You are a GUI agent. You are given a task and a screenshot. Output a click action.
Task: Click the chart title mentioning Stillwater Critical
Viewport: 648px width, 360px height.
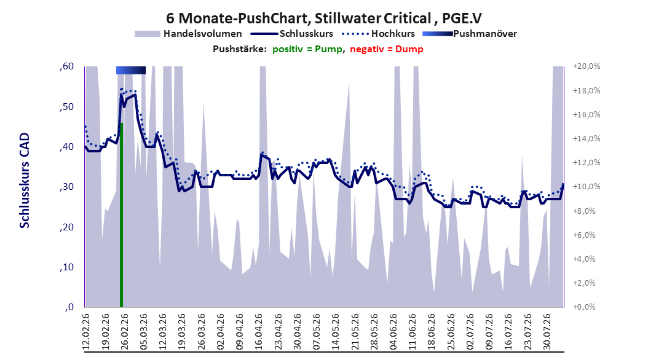pyautogui.click(x=324, y=18)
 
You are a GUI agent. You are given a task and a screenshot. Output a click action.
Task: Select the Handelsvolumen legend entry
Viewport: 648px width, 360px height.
pyautogui.click(x=189, y=34)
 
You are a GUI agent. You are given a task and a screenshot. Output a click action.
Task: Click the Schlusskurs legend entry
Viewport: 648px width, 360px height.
pyautogui.click(x=292, y=34)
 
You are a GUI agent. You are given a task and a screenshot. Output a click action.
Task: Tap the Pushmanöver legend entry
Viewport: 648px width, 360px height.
pyautogui.click(x=470, y=34)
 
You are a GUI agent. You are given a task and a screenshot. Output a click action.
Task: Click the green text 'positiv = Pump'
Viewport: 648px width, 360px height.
pyautogui.click(x=307, y=49)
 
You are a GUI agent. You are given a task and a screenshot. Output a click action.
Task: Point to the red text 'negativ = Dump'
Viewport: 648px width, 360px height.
pyautogui.click(x=387, y=49)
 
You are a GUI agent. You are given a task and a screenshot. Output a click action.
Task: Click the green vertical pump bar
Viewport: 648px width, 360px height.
pyautogui.click(x=122, y=214)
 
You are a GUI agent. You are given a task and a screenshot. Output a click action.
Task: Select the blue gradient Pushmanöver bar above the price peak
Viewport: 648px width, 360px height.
pyautogui.click(x=130, y=71)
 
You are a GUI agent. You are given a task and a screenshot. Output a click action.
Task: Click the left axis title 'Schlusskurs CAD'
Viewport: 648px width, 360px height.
pyautogui.click(x=25, y=181)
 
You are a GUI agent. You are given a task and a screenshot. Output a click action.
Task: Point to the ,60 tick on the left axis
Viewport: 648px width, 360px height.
pyautogui.click(x=66, y=66)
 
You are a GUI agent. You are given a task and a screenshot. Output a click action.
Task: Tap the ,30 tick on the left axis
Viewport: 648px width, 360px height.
pyautogui.click(x=66, y=187)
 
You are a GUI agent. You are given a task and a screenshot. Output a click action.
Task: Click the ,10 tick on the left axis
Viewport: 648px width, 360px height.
pyautogui.click(x=66, y=267)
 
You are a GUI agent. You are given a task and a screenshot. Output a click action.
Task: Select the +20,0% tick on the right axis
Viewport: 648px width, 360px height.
pyautogui.click(x=587, y=66)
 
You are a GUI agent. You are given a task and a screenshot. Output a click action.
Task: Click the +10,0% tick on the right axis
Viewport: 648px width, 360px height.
pyautogui.click(x=587, y=187)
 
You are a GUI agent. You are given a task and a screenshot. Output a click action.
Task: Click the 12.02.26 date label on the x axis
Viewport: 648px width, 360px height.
pyautogui.click(x=86, y=332)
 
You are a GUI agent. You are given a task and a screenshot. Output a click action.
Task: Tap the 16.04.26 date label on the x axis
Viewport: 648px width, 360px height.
pyautogui.click(x=259, y=332)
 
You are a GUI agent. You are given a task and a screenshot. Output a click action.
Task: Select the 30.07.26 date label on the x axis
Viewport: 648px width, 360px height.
pyautogui.click(x=547, y=332)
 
